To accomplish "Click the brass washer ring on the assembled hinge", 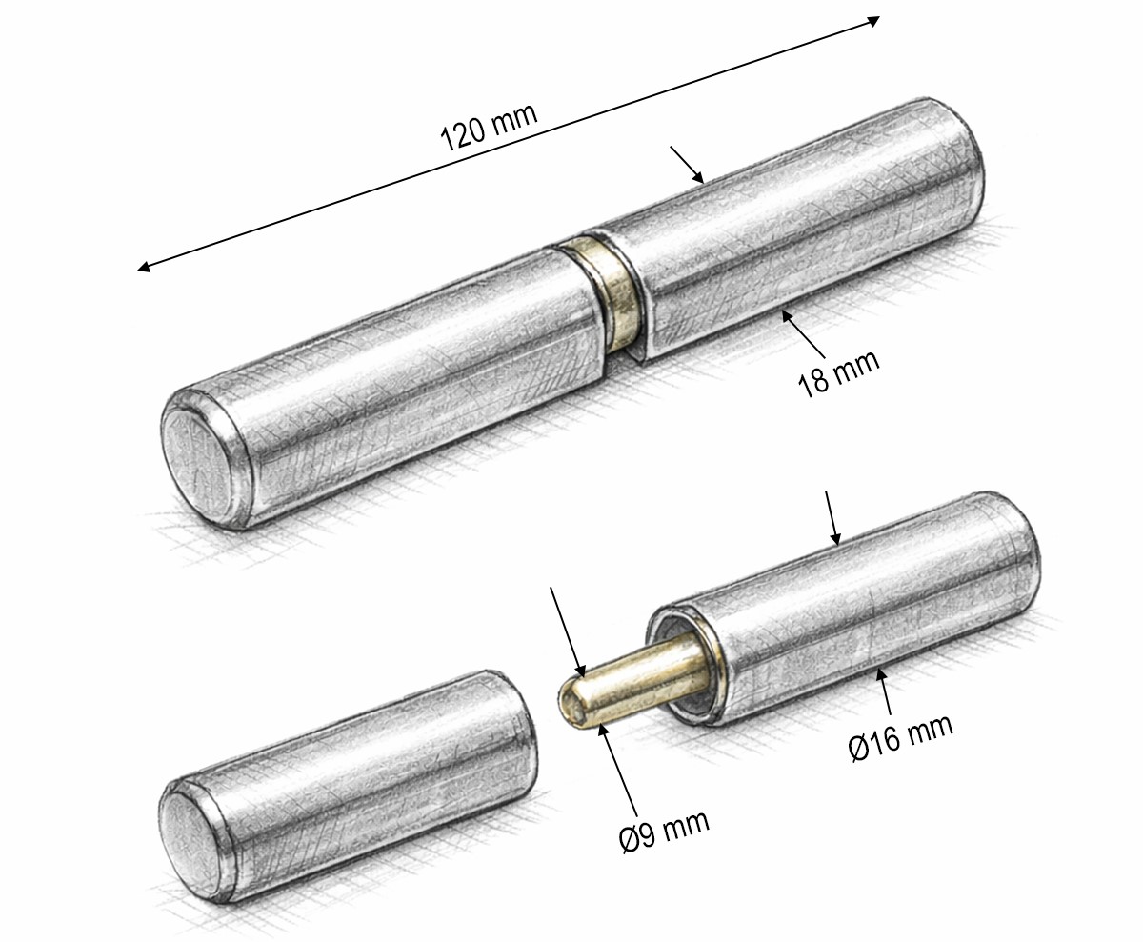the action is pos(609,293).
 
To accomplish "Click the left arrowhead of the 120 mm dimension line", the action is pos(144,267).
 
